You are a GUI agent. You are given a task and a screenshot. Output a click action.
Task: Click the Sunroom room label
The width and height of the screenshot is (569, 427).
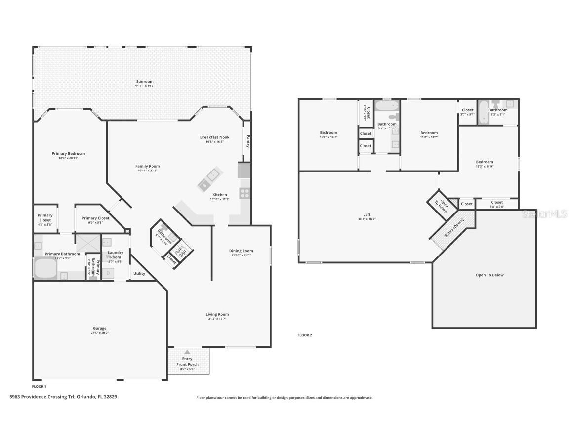click(145, 82)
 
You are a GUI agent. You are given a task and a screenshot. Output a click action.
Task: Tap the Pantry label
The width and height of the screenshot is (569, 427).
click(248, 141)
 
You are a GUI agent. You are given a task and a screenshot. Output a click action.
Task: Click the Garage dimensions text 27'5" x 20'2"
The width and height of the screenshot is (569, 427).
click(99, 333)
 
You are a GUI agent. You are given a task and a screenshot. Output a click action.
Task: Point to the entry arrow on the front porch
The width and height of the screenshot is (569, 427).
click(187, 352)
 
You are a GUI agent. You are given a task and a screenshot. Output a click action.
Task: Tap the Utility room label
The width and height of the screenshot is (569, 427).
click(139, 273)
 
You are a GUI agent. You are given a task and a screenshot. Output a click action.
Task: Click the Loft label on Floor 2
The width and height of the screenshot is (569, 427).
click(366, 214)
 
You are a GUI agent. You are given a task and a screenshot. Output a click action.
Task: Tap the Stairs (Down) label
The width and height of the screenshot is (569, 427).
click(454, 228)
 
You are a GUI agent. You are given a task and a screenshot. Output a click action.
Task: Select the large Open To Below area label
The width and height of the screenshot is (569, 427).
click(489, 275)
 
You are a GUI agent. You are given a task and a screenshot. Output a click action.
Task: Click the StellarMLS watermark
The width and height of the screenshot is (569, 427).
click(545, 214)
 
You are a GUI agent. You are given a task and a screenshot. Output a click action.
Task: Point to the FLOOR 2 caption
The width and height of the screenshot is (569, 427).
click(305, 335)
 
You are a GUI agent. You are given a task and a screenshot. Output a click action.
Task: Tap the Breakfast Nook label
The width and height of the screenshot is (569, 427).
click(214, 137)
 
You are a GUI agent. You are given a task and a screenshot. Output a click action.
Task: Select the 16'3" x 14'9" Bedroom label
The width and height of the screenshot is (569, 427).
click(484, 162)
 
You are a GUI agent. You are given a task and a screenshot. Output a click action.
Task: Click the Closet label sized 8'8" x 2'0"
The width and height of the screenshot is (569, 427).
click(497, 202)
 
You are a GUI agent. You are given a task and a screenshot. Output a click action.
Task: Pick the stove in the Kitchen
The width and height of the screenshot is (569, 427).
click(244, 193)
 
